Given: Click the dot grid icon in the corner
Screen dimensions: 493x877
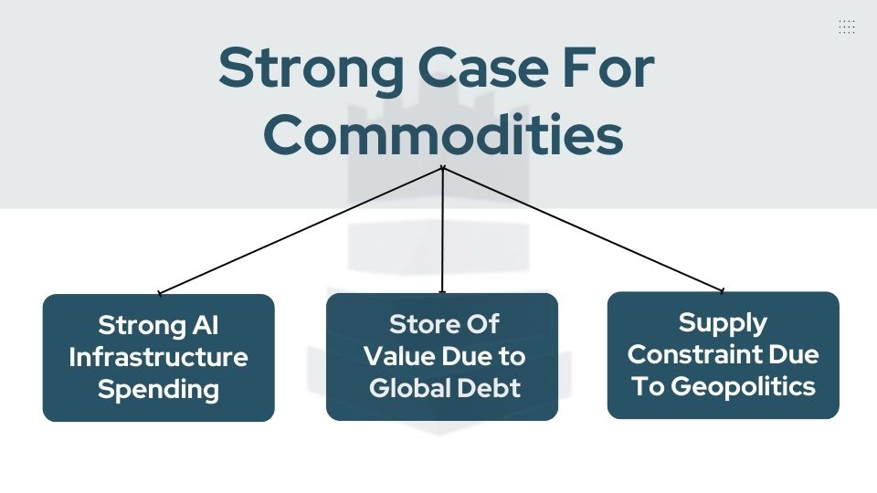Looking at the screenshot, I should pos(847,26).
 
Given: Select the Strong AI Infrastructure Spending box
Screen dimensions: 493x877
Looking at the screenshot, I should pos(158,358).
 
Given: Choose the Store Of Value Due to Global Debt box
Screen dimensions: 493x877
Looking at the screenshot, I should pos(442,357).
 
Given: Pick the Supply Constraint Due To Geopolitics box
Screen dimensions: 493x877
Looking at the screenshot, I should pos(723,355).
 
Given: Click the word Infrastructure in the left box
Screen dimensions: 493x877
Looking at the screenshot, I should pos(158,357).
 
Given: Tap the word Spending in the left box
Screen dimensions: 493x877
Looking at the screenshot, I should pos(158,390).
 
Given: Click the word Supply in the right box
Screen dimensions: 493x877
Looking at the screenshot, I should pos(723,322).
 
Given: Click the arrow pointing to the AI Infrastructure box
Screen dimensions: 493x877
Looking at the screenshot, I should pos(301,230).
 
